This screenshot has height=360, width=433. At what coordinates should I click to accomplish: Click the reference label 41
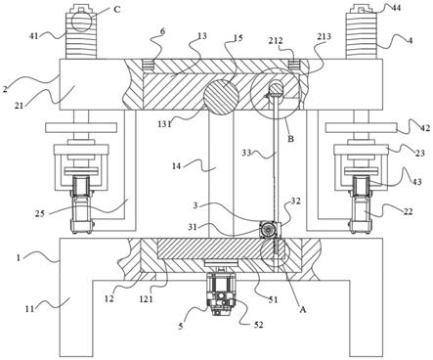click(34, 35)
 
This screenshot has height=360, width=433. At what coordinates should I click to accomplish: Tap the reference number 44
click(396, 8)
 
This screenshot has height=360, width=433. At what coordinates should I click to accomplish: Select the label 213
click(324, 36)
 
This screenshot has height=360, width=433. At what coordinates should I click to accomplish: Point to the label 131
click(165, 124)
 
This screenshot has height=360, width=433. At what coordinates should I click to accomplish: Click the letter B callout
click(290, 139)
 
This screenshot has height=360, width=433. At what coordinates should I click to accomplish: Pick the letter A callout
click(303, 309)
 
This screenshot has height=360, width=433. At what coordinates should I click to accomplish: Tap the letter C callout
click(116, 10)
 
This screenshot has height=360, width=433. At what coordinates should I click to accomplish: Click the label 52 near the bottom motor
click(258, 325)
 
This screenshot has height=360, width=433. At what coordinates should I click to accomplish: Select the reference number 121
click(146, 298)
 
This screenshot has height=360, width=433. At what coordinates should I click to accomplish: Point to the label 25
click(41, 213)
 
